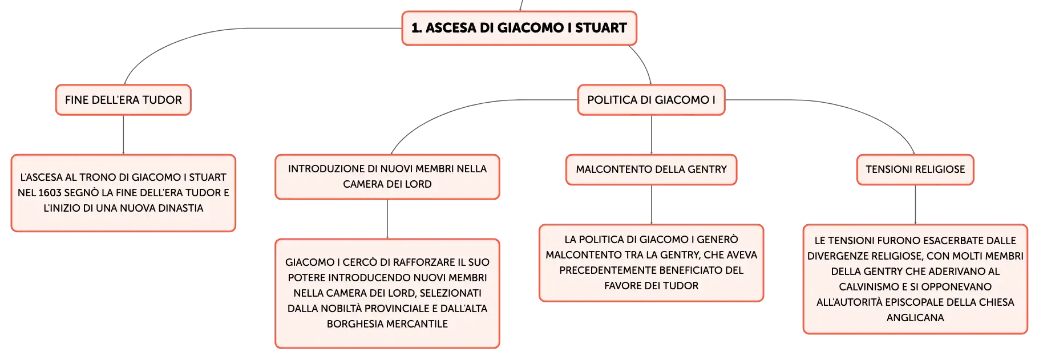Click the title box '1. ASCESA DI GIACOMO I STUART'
[519, 28]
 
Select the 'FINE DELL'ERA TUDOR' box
[123, 100]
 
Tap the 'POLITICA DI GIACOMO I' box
[651, 100]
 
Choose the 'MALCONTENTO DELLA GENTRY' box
[651, 169]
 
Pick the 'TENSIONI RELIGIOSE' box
[915, 169]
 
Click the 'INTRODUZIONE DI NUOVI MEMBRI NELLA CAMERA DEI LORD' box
[387, 177]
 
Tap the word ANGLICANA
[915, 318]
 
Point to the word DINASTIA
[180, 208]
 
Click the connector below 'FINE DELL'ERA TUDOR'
[123, 135]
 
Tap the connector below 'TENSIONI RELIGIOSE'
[915, 205]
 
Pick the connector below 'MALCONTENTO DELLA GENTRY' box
[651, 205]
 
